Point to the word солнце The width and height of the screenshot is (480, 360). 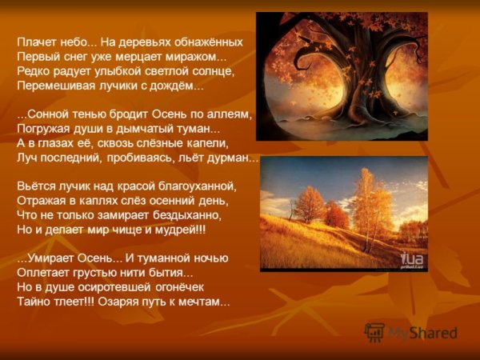214,71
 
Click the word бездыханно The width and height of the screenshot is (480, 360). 185,216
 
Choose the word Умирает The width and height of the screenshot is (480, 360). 51,258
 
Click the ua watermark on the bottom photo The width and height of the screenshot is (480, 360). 411,258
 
